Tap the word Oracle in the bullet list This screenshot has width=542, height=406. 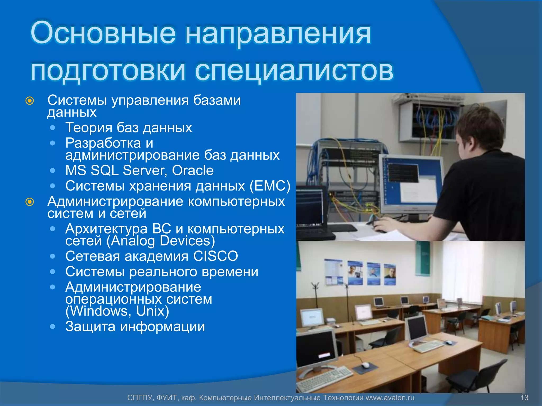click(x=193, y=170)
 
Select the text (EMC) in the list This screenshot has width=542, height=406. click(x=270, y=186)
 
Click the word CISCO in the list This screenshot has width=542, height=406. click(x=215, y=256)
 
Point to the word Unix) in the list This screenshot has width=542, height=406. click(x=152, y=311)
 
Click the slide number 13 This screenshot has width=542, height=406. click(x=524, y=398)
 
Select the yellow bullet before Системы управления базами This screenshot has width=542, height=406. click(x=30, y=101)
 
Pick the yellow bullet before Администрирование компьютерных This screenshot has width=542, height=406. click(x=30, y=202)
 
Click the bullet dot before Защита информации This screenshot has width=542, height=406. click(x=53, y=326)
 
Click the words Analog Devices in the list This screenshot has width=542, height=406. click(x=160, y=241)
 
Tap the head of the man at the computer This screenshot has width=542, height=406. click(x=479, y=130)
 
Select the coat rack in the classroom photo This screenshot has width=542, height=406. click(x=315, y=293)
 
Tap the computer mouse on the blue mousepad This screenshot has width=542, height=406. click(x=365, y=365)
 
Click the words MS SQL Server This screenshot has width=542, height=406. click(x=115, y=170)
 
